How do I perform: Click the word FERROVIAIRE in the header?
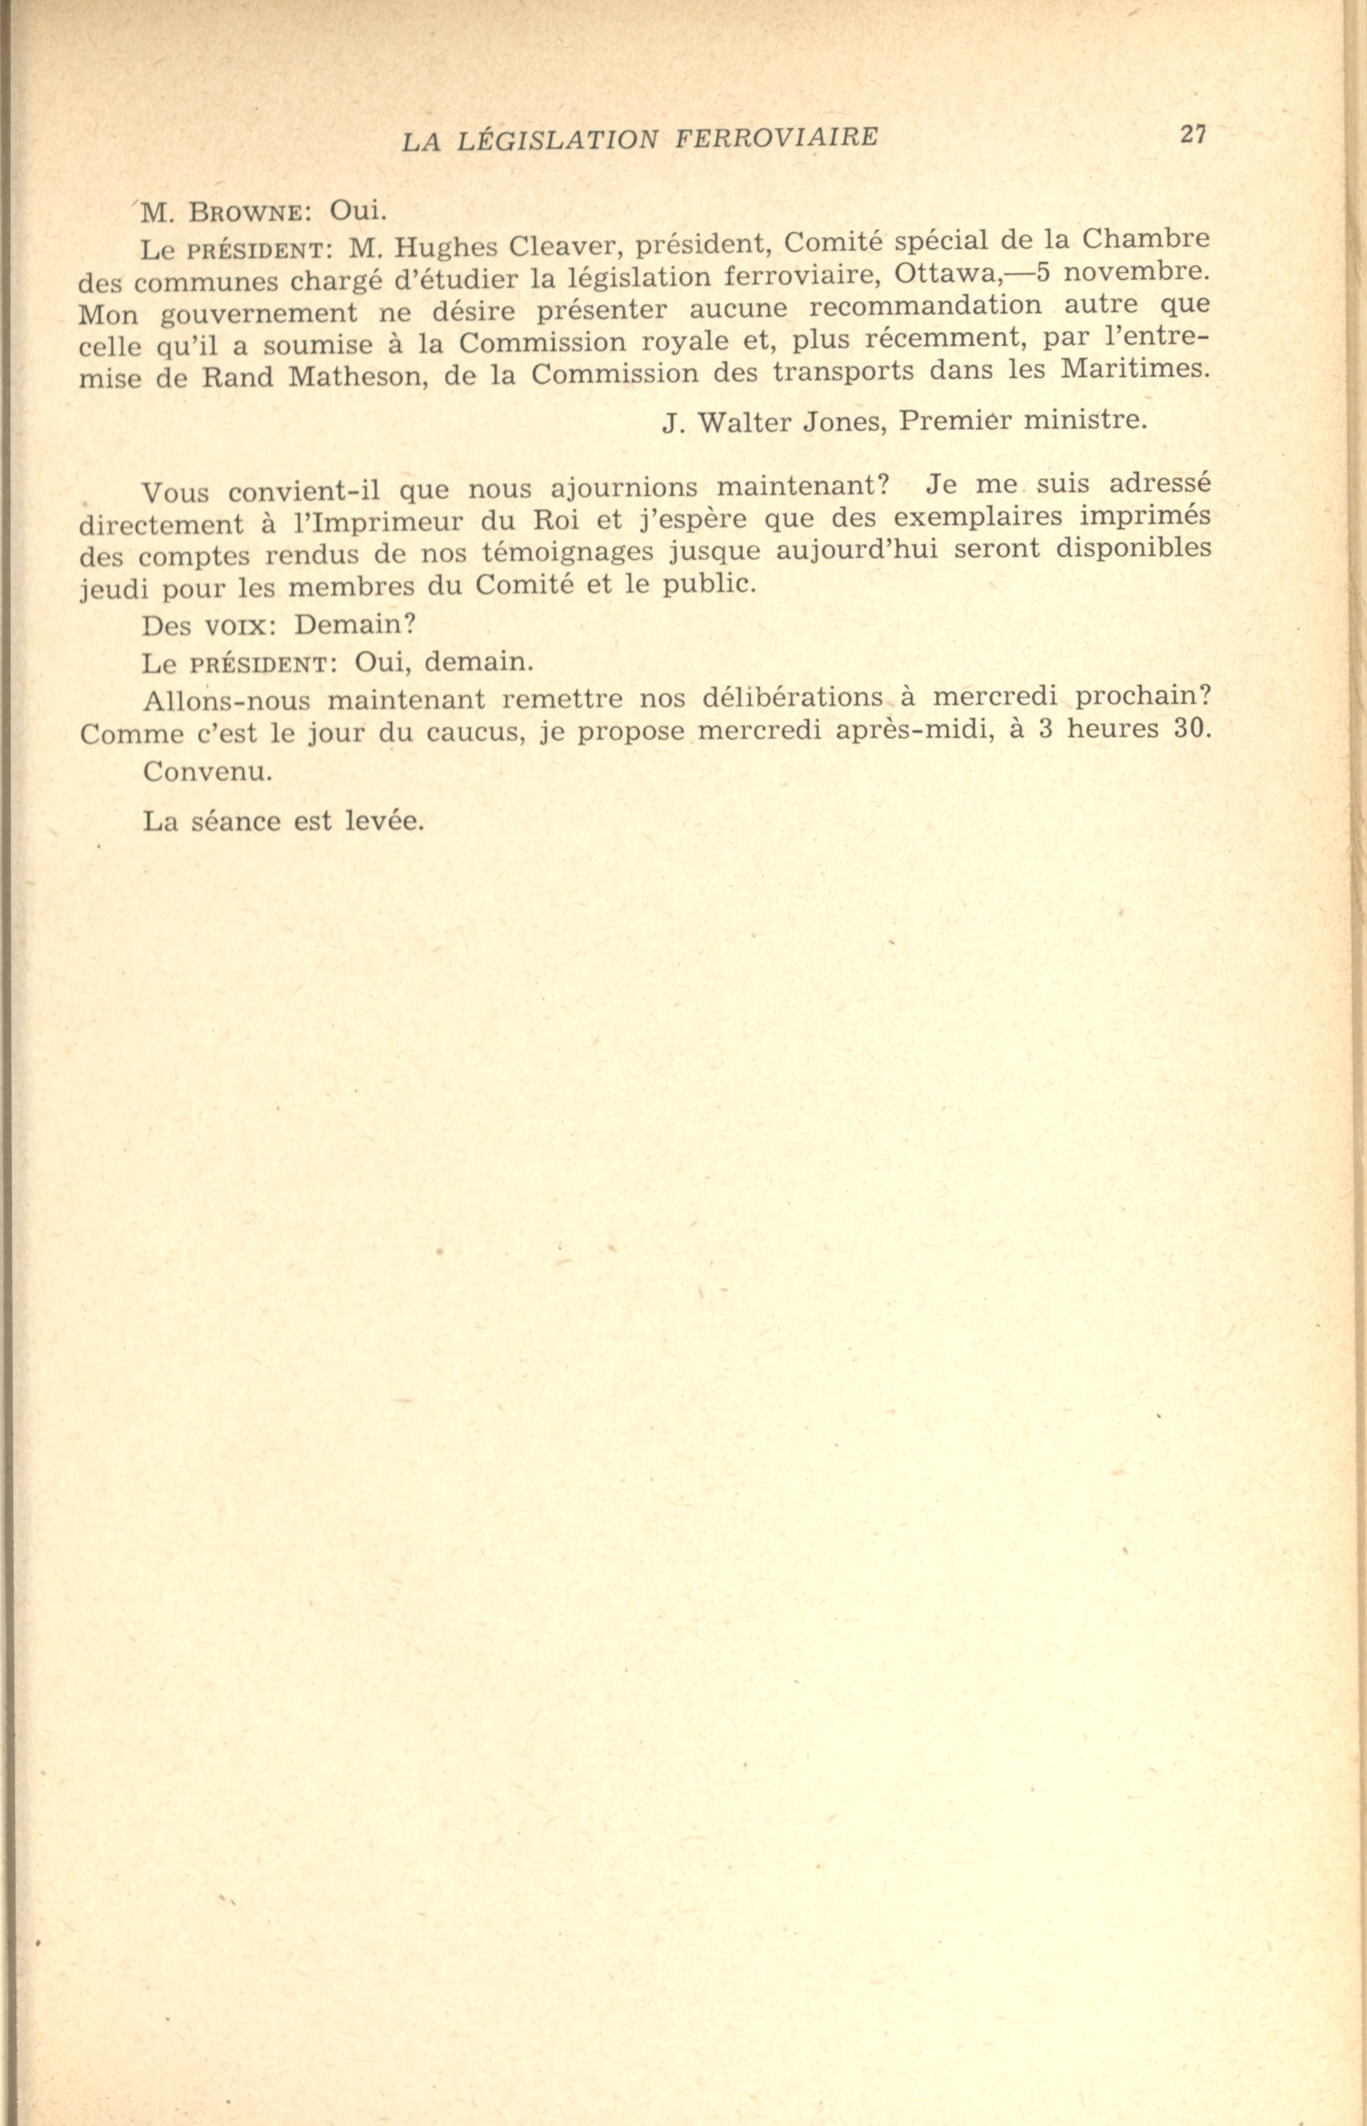coord(777,137)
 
